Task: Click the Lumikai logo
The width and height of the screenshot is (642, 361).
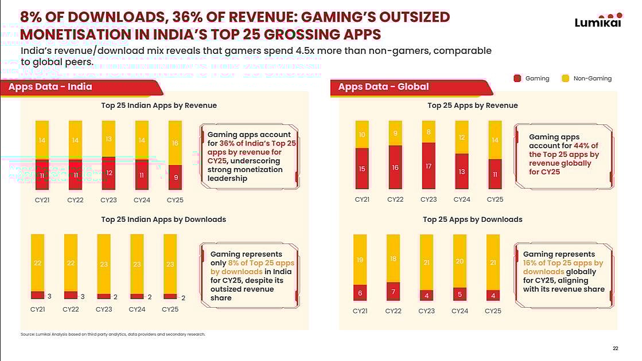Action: tap(598, 21)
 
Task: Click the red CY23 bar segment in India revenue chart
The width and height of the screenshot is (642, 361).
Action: tap(108, 172)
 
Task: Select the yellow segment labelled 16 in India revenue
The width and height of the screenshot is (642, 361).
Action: tap(175, 143)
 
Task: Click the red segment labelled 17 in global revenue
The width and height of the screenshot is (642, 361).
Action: tap(429, 166)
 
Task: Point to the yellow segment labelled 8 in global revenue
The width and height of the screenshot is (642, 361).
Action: tap(429, 131)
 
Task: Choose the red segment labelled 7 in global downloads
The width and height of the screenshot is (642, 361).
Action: tap(393, 291)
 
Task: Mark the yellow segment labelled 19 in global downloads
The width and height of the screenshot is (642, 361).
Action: tap(360, 260)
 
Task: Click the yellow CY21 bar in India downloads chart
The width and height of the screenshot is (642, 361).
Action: tap(37, 262)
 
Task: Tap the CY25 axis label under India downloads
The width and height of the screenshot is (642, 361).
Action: tap(170, 309)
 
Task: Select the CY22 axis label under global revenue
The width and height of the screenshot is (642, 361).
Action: tap(395, 200)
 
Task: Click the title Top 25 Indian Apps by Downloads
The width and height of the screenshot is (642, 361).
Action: tap(164, 219)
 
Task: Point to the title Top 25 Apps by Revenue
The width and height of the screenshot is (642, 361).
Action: tap(472, 105)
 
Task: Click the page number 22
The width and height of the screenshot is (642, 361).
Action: tap(616, 348)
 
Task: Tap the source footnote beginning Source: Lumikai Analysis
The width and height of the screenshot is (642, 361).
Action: tap(112, 335)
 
